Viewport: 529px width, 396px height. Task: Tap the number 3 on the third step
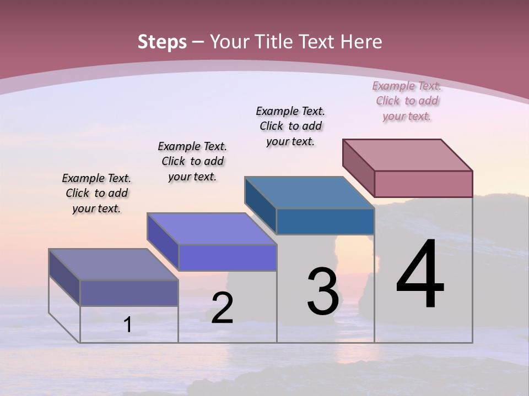pos(323,291)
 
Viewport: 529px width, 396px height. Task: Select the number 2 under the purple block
pos(223,308)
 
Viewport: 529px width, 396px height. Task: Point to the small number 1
pos(128,325)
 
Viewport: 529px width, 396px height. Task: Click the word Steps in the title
pos(162,42)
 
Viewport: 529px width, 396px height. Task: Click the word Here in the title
pos(361,42)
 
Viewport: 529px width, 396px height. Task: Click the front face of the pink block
pos(423,184)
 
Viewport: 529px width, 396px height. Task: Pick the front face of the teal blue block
pos(325,221)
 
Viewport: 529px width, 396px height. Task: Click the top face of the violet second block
pos(212,229)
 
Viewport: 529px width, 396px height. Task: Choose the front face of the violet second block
pos(227,257)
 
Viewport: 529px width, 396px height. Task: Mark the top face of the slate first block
pos(114,265)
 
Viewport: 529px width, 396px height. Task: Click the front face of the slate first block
pos(129,293)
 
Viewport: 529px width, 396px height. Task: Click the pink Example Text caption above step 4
pos(407,101)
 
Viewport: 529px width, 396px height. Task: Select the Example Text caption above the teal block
pos(290,126)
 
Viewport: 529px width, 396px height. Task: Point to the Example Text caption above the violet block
pos(192,161)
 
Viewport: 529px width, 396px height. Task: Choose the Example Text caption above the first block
pos(96,193)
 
